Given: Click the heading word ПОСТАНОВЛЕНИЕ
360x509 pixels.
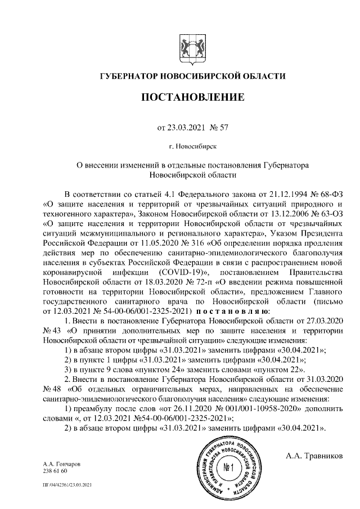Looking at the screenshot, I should [x=192, y=98].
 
